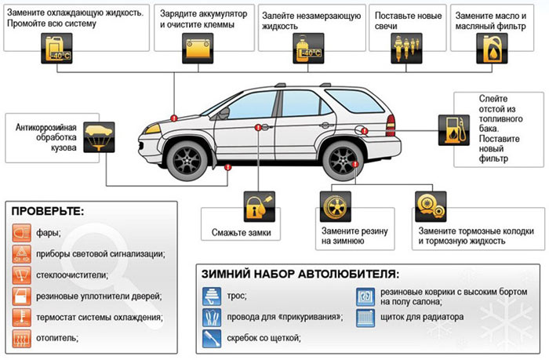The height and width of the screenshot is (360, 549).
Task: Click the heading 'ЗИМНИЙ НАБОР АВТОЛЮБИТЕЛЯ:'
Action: (300, 275)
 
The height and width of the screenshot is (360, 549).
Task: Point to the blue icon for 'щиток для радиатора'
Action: (366, 317)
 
